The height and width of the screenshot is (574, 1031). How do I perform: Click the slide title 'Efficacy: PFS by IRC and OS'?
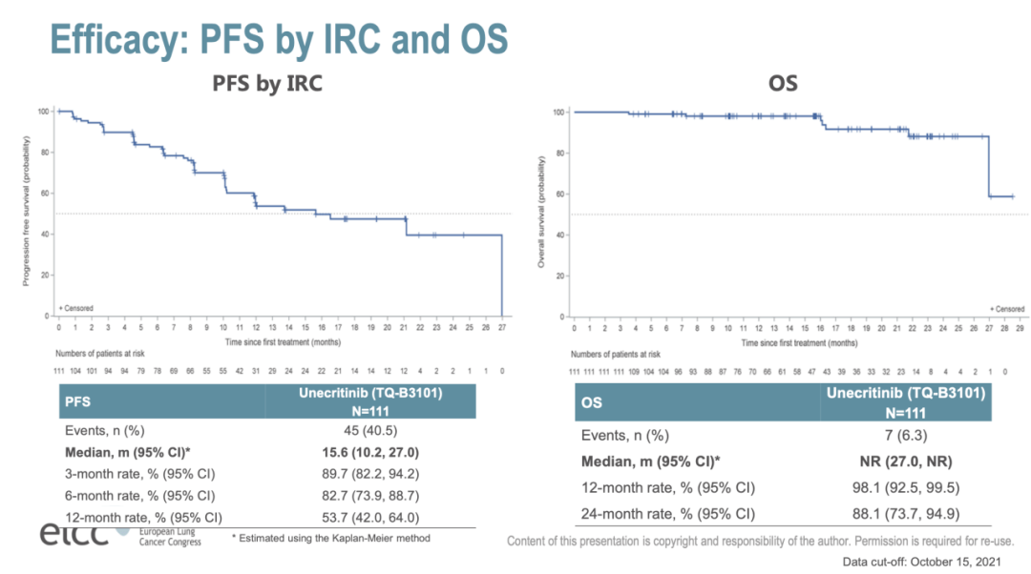(278, 39)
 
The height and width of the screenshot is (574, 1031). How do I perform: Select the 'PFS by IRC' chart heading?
(266, 84)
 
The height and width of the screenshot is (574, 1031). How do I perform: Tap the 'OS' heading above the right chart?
(783, 84)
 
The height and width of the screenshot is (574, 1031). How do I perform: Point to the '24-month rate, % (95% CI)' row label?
(668, 515)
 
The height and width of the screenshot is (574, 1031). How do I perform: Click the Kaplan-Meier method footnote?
(330, 538)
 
